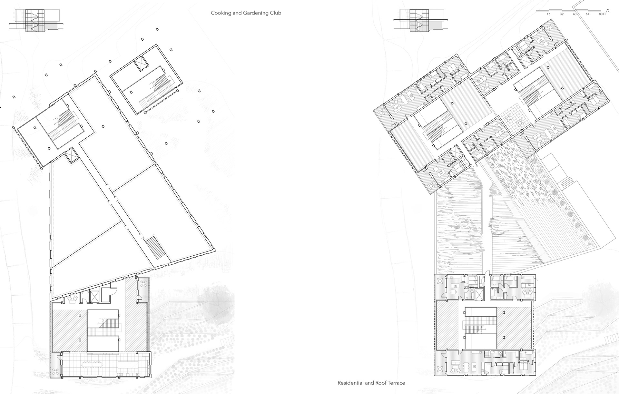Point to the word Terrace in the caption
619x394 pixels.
click(x=397, y=383)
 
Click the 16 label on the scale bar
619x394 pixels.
click(x=548, y=15)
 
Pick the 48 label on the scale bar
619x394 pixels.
click(x=575, y=15)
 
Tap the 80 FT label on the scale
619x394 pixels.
click(x=603, y=15)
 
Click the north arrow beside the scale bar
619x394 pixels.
click(x=609, y=11)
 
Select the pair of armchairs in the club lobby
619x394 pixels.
click(x=72, y=299)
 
